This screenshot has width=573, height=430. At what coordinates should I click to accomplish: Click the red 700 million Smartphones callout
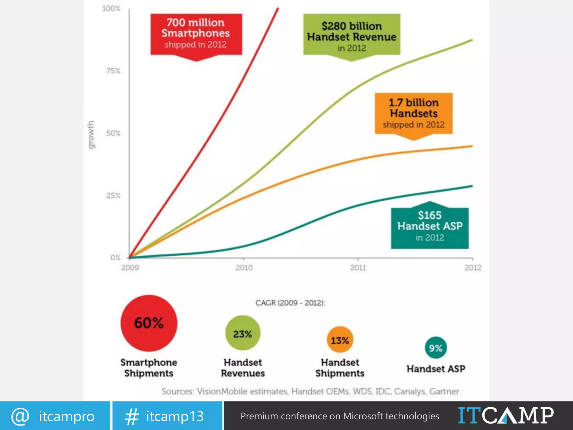[x=196, y=34]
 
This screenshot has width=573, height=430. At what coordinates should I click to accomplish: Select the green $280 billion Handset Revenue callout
[x=352, y=34]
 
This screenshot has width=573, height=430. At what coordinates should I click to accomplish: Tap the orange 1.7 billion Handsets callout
[x=414, y=113]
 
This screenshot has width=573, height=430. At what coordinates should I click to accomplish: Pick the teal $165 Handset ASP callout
[x=429, y=226]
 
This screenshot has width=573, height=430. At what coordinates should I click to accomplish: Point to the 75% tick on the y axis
[x=113, y=71]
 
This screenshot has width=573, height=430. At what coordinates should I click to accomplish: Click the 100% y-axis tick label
[x=111, y=9]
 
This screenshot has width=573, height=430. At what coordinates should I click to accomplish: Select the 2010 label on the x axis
[x=244, y=268]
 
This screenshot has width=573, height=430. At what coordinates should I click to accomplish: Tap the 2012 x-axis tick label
[x=473, y=268]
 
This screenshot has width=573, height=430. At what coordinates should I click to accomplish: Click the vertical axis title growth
[x=91, y=135]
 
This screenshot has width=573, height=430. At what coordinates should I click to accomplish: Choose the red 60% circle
[x=149, y=323]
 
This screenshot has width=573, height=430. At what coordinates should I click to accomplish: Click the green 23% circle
[x=243, y=333]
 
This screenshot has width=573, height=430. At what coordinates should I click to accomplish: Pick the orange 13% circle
[x=340, y=340]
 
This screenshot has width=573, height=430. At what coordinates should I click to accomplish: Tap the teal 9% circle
[x=436, y=348]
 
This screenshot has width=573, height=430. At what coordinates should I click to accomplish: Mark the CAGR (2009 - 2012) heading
[x=290, y=303]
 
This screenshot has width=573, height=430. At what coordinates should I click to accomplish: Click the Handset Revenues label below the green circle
[x=243, y=368]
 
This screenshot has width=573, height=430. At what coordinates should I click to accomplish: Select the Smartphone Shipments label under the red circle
[x=149, y=368]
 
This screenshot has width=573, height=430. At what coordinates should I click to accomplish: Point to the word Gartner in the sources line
[x=444, y=391]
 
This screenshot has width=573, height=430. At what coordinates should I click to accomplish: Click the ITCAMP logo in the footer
[x=506, y=416]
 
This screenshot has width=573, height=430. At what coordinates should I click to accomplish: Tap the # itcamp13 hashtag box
[x=167, y=416]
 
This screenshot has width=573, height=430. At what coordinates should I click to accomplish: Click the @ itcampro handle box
[x=55, y=416]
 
